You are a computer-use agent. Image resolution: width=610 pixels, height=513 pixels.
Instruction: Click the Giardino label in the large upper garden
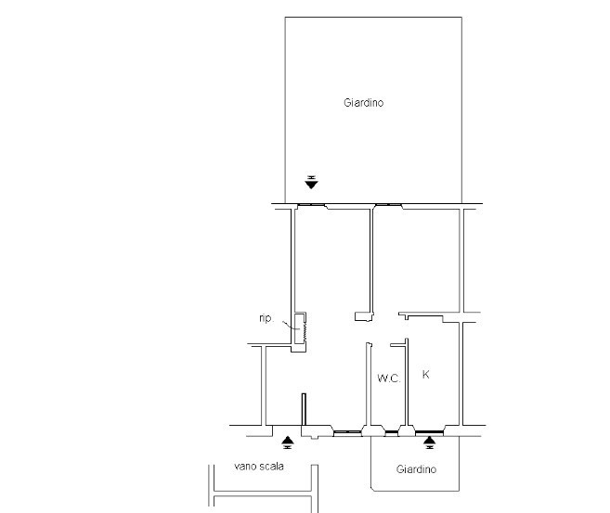tap(363, 103)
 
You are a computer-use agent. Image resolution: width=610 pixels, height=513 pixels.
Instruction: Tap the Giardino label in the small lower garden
tap(416, 469)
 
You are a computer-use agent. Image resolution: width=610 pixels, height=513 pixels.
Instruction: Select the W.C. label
tap(389, 378)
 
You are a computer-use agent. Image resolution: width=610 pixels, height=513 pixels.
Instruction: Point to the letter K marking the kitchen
tap(425, 374)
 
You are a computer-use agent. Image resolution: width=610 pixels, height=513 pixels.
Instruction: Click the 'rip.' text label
tap(266, 318)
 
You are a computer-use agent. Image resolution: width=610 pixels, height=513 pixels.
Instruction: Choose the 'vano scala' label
tap(259, 466)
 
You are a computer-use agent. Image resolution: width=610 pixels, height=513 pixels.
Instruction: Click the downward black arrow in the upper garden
tap(311, 182)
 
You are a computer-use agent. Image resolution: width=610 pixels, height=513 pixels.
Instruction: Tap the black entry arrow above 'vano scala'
tap(288, 442)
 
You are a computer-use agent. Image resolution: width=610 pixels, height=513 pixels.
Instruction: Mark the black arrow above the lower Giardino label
tap(429, 442)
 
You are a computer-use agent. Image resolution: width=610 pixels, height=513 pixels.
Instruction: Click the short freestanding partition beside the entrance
tap(304, 409)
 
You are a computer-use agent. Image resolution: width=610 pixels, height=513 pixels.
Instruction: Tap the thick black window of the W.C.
tap(392, 432)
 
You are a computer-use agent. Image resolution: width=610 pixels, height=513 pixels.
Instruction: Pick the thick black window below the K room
tap(429, 431)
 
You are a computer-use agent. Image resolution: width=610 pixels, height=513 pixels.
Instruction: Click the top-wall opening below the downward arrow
tap(311, 205)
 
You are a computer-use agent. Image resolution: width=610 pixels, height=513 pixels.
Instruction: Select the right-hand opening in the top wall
tap(388, 205)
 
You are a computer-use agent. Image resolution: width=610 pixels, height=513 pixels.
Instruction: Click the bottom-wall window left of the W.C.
tap(348, 432)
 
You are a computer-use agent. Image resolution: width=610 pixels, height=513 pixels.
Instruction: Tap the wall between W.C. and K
tap(407, 382)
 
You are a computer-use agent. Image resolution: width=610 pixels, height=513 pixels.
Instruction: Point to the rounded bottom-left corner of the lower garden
tap(372, 489)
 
